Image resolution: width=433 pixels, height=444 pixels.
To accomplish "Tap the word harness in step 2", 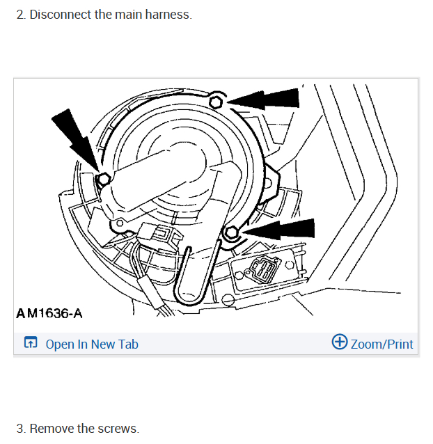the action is [168, 15].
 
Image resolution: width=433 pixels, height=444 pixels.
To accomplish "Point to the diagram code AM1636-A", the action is [49, 313].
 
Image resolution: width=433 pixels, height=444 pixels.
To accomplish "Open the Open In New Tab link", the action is [92, 344].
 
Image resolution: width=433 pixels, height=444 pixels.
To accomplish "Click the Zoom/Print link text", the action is [381, 344].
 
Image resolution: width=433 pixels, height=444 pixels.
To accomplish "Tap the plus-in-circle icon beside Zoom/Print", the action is [340, 342].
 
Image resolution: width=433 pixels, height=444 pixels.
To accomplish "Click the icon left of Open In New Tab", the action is [31, 342].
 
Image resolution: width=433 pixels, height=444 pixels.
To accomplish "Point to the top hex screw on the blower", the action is [216, 102].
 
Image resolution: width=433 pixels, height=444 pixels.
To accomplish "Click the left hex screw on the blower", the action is [103, 179].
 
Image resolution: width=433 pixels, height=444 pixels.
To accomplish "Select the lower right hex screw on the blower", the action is [232, 232].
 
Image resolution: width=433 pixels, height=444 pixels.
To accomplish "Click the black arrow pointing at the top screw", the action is [263, 100].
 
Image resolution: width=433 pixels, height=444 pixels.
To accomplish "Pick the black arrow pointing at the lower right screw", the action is [279, 230].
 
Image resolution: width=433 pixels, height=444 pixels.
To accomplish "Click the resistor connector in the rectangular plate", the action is [262, 270].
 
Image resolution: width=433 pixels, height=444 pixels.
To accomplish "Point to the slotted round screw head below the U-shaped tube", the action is [228, 299].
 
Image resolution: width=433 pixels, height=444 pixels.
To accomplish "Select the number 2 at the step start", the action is [21, 15].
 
